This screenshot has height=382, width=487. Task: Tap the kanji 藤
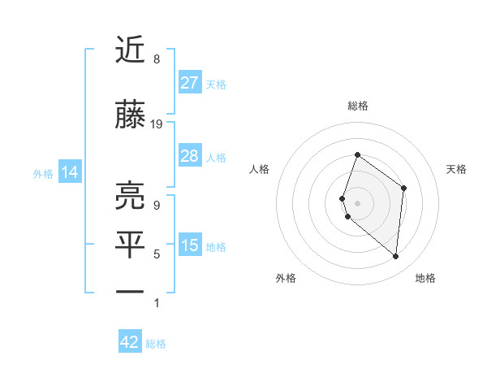(x=131, y=117)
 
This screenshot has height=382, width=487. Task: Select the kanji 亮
(x=131, y=196)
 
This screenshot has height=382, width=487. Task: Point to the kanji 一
(x=131, y=290)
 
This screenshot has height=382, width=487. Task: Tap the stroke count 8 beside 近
(x=156, y=59)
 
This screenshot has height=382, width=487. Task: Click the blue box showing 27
(x=189, y=82)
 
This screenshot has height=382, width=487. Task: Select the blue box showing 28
(x=189, y=156)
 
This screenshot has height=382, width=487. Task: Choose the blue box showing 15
(x=189, y=245)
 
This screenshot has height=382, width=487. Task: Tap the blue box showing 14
(x=70, y=172)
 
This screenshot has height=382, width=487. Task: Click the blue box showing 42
(x=130, y=342)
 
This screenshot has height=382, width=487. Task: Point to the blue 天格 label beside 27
(x=216, y=84)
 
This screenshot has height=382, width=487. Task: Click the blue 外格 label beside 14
(x=43, y=173)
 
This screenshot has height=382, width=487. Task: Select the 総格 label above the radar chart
(x=357, y=106)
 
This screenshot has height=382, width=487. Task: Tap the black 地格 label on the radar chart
(x=425, y=278)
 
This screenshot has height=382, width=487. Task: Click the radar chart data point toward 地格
(x=395, y=256)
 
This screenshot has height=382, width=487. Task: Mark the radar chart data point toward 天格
(x=403, y=188)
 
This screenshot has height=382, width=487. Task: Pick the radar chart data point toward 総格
(x=357, y=155)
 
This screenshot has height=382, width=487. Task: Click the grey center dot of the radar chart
(x=357, y=202)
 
